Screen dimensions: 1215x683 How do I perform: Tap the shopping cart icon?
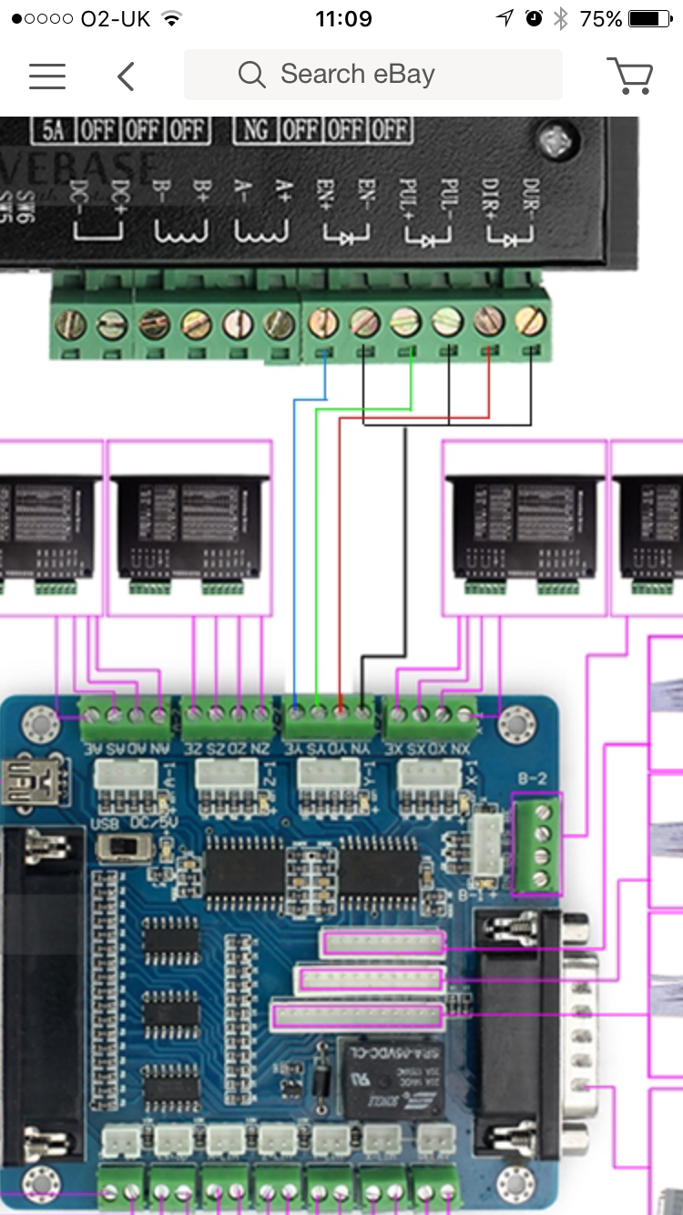pos(629,76)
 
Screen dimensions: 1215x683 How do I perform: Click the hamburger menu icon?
pos(47,76)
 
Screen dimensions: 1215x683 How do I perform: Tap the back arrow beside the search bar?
pos(126,77)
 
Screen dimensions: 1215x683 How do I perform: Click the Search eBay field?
pos(372,75)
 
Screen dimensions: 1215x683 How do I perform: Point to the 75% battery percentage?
pos(600,19)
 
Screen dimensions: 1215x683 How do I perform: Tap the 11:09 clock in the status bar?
pos(343,19)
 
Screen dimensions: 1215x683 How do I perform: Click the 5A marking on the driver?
pos(53,129)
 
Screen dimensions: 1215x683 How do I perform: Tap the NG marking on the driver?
pos(256,129)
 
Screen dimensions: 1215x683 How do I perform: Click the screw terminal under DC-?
pos(71,323)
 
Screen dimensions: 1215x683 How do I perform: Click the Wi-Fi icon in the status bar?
pos(170,19)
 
